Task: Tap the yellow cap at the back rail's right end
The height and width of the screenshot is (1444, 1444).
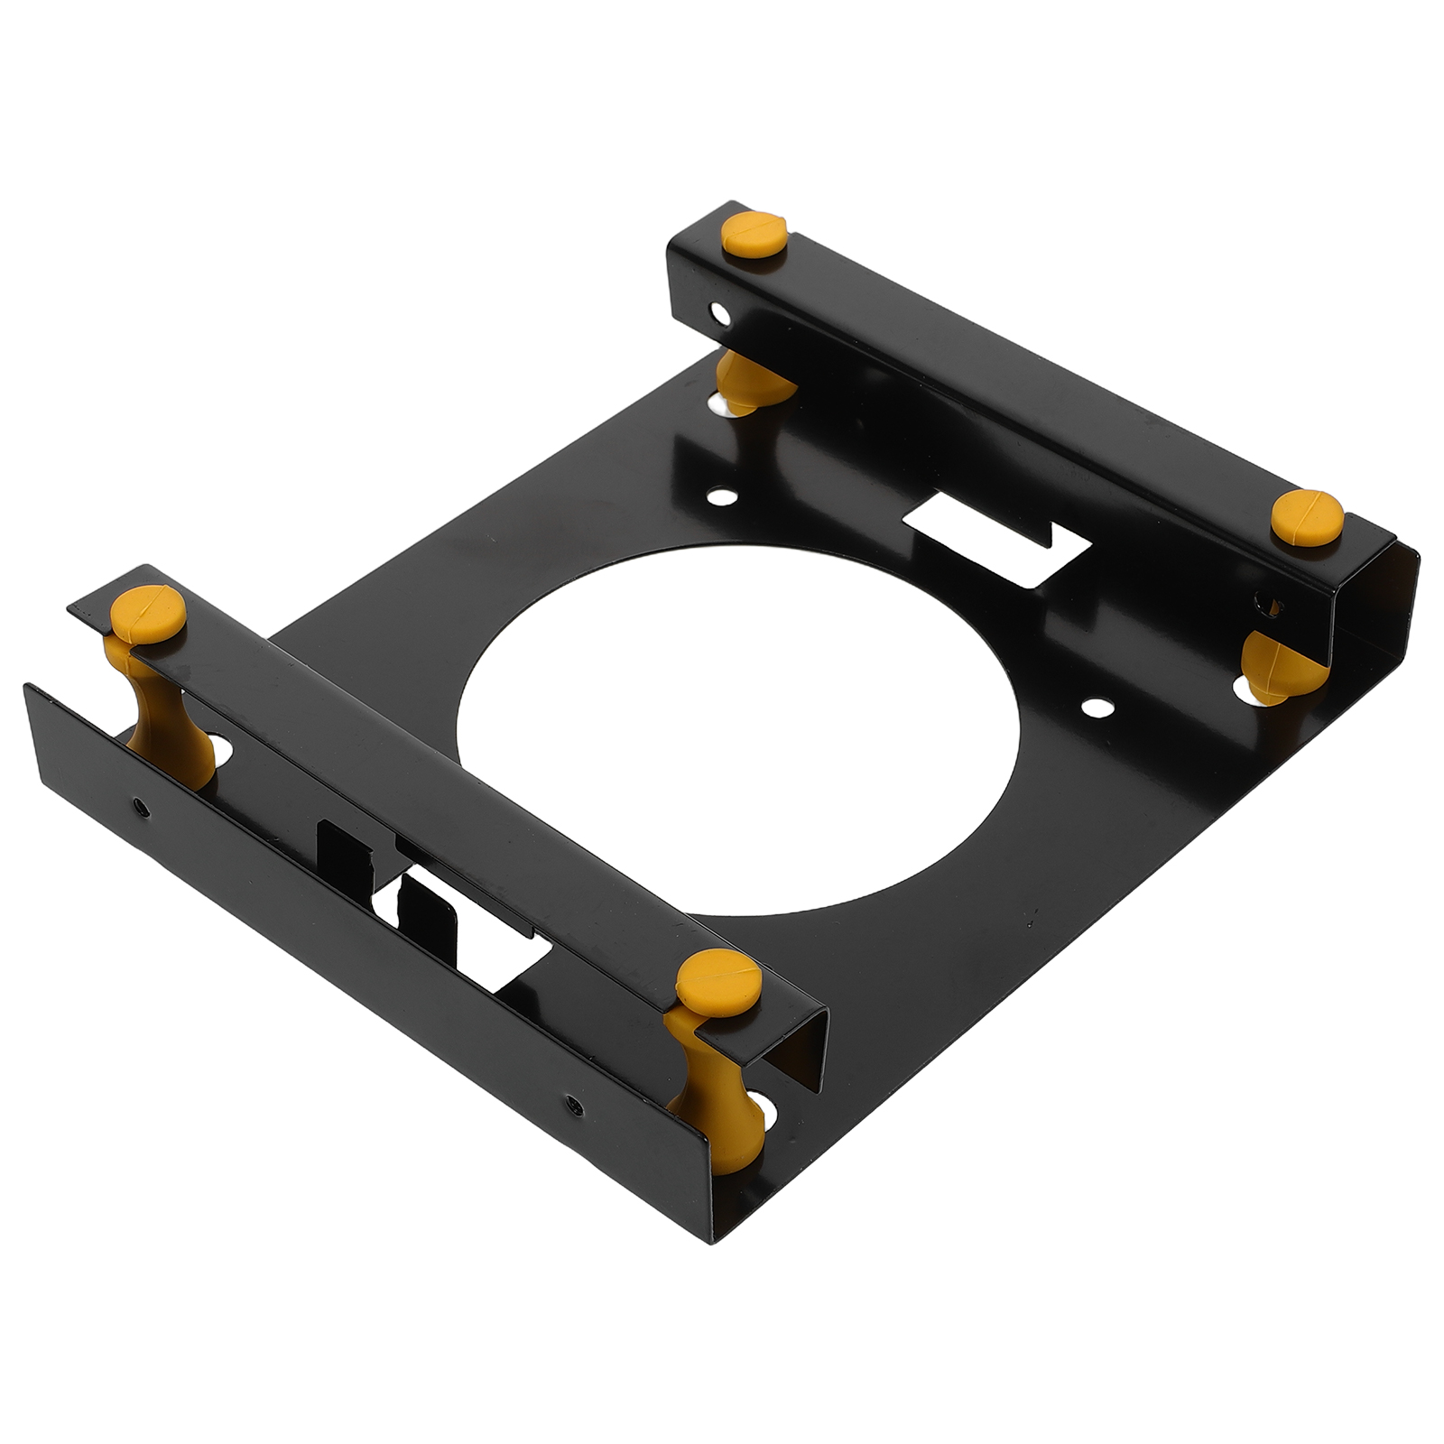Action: tap(1307, 517)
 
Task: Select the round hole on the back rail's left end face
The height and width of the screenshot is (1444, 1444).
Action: tap(719, 316)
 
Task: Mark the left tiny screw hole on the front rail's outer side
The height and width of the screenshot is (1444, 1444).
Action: tap(139, 806)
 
